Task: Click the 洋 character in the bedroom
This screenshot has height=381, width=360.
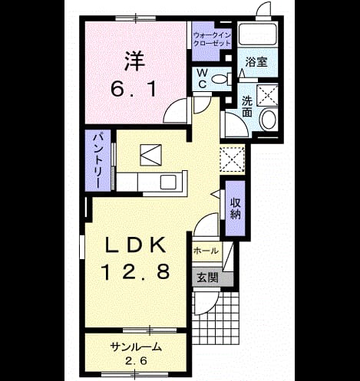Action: click(135, 61)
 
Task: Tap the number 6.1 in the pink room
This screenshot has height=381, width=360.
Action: click(134, 89)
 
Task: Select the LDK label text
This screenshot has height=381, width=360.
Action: click(135, 245)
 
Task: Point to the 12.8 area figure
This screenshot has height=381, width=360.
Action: click(136, 271)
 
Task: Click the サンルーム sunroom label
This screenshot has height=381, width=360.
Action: click(136, 347)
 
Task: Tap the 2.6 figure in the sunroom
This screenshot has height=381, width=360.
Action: click(136, 361)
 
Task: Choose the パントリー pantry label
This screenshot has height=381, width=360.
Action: click(97, 160)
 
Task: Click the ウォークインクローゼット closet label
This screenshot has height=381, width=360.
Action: click(212, 39)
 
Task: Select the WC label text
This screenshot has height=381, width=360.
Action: click(203, 78)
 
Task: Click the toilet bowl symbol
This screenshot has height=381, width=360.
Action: click(222, 78)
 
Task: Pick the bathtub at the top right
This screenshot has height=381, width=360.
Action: click(257, 34)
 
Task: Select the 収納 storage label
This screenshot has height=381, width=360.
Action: click(235, 209)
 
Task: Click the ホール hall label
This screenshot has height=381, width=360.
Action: click(206, 251)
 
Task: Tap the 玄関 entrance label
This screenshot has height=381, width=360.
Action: click(207, 278)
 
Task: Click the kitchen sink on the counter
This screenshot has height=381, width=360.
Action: click(168, 182)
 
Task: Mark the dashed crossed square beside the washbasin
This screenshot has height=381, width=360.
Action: click(267, 94)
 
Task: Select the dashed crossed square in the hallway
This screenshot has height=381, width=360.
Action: click(233, 159)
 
